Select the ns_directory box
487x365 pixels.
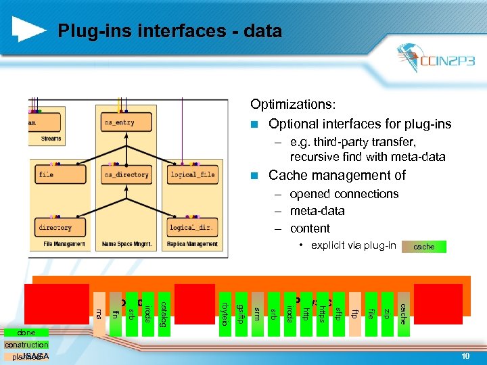click(x=126, y=174)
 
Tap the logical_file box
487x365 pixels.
click(x=192, y=174)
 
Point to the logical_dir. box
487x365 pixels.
click(x=192, y=228)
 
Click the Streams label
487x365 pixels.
click(x=51, y=139)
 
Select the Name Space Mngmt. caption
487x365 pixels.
click(x=126, y=244)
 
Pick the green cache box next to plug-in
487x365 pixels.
click(x=424, y=247)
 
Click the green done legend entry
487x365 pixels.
click(x=28, y=333)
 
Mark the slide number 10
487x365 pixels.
click(x=465, y=356)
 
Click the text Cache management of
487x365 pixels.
click(x=337, y=176)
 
